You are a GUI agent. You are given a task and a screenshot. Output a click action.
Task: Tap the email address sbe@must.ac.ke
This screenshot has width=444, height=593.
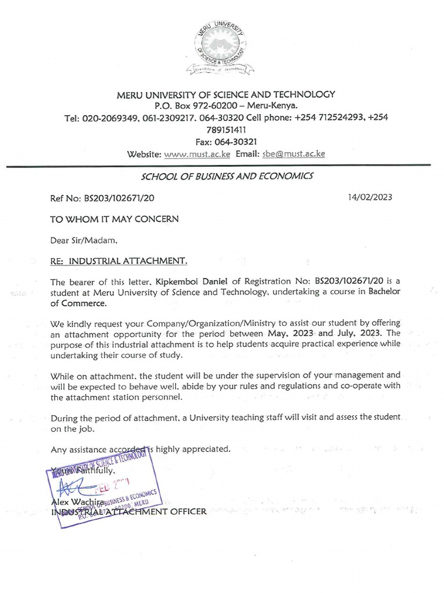(x=294, y=154)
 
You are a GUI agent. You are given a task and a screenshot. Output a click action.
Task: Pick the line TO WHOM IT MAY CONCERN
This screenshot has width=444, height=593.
(x=114, y=219)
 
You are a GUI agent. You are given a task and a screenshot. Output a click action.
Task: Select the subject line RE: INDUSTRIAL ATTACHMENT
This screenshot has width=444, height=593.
(x=119, y=261)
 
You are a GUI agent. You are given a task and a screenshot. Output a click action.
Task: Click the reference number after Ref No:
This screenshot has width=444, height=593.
(x=119, y=197)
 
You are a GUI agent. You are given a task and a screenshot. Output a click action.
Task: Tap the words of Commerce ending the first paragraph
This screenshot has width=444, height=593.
(x=78, y=303)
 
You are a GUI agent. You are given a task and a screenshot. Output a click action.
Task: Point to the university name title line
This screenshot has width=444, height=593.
(x=225, y=94)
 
